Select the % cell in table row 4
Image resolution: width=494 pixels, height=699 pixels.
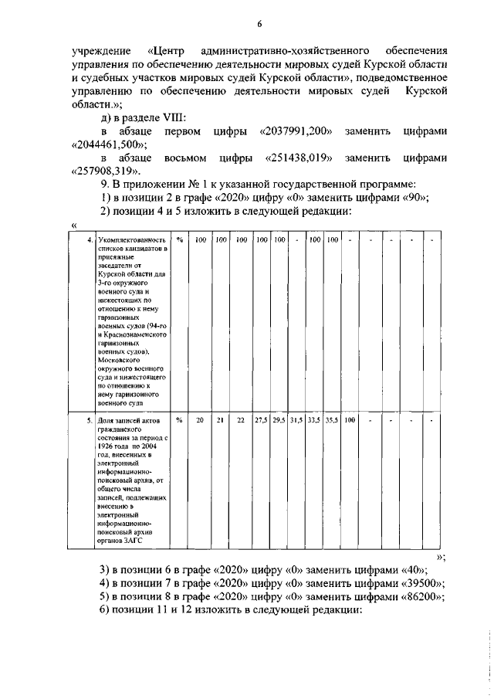[x=179, y=240]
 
